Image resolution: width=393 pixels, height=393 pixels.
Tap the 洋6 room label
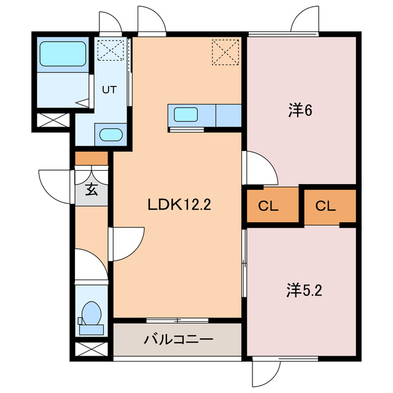pos(301,111)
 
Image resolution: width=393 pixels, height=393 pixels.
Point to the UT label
pos(109,89)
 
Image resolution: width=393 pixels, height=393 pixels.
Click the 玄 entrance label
pos(91,190)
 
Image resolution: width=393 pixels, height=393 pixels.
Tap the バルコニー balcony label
pos(178,339)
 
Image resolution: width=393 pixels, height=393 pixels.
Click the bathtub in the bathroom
pos(63,54)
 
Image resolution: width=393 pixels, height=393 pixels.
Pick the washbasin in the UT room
pos(111,134)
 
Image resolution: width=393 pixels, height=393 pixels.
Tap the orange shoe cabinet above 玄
pos(91,159)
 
